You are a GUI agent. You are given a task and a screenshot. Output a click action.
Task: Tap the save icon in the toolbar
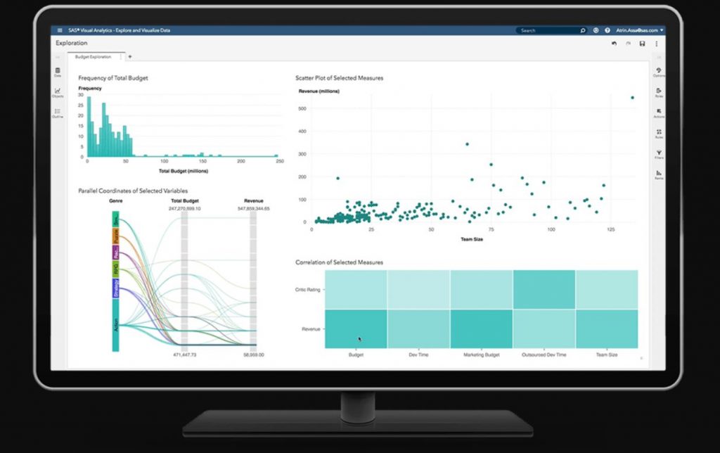coord(642,44)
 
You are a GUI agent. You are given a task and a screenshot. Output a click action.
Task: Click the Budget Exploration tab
coord(94,56)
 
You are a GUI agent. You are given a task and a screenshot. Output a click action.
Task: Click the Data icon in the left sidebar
coord(58,72)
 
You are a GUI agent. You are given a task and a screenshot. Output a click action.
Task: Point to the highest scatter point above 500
coord(632,98)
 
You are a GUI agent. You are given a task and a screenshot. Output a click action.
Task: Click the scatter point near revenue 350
coord(467,144)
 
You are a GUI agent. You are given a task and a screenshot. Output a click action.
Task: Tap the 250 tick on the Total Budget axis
coord(279,162)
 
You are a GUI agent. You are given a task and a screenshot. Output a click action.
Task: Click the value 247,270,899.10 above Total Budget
coord(185,208)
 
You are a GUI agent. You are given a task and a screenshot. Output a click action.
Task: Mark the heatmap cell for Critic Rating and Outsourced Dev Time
coord(544,290)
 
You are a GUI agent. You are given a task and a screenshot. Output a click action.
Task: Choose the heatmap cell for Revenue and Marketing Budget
coord(482,328)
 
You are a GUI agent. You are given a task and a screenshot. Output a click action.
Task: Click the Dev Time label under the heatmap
coord(419,355)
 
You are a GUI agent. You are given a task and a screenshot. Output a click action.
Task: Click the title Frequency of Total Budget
coord(113,77)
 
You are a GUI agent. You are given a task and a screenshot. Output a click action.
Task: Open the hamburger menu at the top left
coord(60,30)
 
